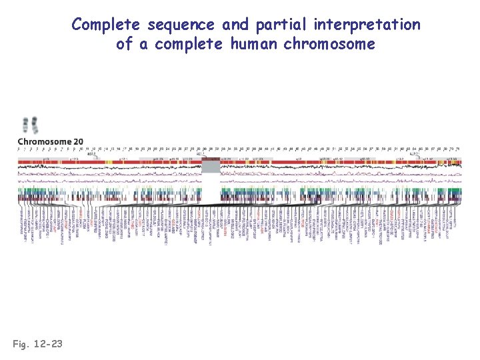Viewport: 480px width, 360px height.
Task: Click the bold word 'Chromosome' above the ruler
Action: [44, 141]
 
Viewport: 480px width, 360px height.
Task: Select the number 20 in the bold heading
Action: [79, 141]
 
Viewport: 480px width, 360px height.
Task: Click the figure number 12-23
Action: [48, 344]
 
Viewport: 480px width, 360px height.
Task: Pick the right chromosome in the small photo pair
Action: [35, 125]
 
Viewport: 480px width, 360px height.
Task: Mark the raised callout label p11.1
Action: [201, 153]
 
